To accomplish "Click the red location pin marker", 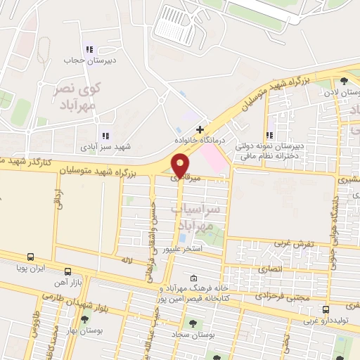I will click(181, 165).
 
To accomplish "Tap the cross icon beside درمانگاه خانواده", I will click(200, 130).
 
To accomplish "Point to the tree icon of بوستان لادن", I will click(344, 81).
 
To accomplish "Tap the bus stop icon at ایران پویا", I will click(30, 257).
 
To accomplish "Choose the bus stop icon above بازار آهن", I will click(67, 271).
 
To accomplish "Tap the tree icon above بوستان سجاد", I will click(192, 323).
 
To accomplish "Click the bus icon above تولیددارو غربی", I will click(326, 309).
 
